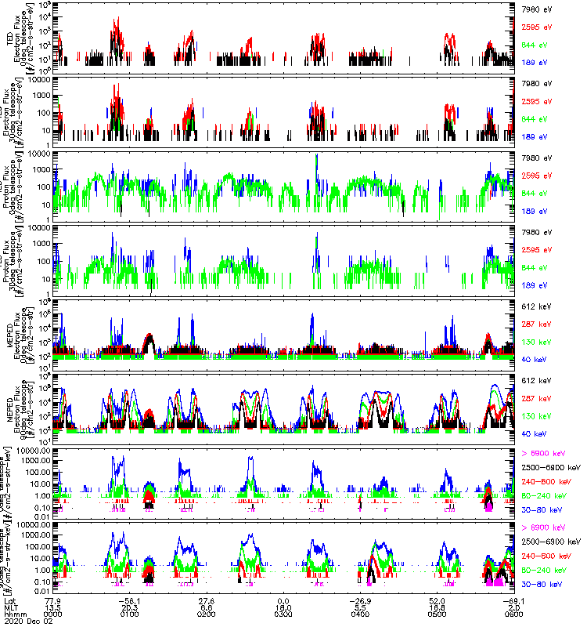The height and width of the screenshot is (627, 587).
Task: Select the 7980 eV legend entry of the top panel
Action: coord(537,9)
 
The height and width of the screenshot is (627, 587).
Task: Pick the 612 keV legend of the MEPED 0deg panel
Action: coord(537,305)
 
